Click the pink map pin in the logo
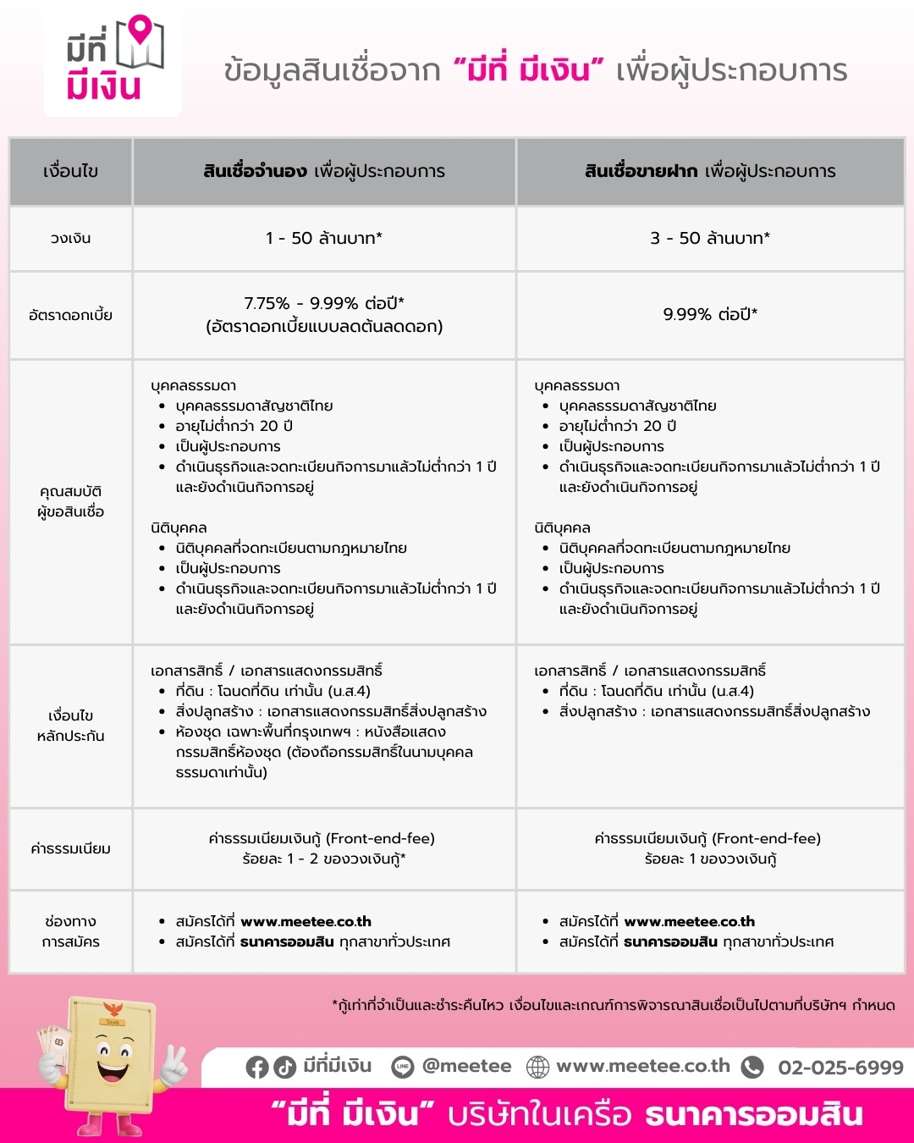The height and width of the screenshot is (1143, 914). pos(144,31)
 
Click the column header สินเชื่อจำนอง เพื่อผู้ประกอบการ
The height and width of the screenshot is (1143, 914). pos(324,171)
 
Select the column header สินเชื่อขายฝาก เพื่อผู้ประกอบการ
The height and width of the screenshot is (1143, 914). pos(710,171)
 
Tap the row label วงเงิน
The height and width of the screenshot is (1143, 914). pos(70,239)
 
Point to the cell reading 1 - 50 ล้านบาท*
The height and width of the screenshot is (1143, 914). pos(324,239)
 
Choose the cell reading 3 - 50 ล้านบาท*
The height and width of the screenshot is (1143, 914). pos(710,239)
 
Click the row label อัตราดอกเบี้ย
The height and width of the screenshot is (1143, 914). pos(70,315)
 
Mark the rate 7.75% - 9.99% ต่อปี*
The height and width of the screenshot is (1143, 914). pos(324,303)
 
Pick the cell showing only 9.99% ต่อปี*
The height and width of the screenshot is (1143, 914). pos(710,315)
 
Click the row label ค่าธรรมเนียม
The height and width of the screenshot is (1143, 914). pos(70,848)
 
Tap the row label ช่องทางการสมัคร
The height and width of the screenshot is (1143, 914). pos(70,931)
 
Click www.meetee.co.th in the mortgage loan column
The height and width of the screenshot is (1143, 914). pos(306,921)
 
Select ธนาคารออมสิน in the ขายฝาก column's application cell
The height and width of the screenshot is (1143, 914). pos(670,941)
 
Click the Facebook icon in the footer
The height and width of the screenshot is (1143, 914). pos(257,1067)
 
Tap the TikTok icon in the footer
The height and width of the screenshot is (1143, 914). pos(284,1067)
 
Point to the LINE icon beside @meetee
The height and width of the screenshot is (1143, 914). pos(403,1067)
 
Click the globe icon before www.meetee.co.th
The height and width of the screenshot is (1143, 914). pos(538,1067)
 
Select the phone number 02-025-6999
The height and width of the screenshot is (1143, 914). pos(840,1067)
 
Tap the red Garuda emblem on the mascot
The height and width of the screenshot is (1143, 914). pos(112,1009)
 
